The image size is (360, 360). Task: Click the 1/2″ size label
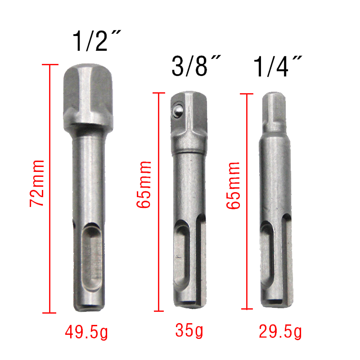pos(96,40)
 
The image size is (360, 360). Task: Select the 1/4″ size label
pos(277,66)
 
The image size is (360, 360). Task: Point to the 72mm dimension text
pos(37,184)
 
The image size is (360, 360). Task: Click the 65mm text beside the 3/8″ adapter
pos(144,185)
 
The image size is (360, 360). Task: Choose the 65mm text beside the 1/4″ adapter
pos(233,185)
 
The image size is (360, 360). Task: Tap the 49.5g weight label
pos(86,332)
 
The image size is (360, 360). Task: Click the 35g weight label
pos(189,331)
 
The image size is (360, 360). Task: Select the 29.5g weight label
pos(280,332)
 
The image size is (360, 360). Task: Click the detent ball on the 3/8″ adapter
pos(177,111)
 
